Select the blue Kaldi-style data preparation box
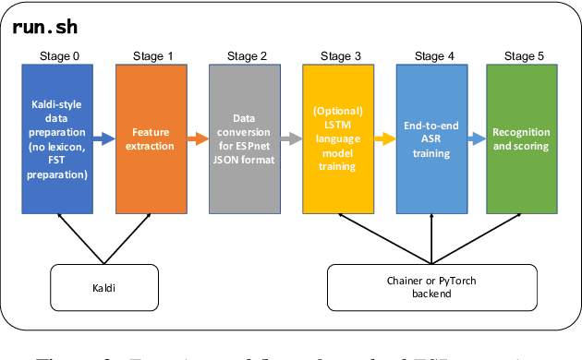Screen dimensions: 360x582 click(x=57, y=138)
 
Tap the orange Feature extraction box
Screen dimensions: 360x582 click(x=151, y=138)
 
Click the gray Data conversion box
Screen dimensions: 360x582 click(x=244, y=138)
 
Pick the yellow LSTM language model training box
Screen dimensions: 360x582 click(x=337, y=138)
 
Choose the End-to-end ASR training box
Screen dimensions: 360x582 click(x=431, y=138)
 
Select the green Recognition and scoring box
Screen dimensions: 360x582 click(x=524, y=138)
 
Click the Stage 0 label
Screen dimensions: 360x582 click(x=58, y=57)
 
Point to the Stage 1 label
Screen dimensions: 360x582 click(x=152, y=57)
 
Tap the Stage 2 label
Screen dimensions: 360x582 click(x=245, y=57)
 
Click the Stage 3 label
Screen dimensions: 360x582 click(x=338, y=57)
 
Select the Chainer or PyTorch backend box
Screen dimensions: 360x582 click(x=430, y=289)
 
